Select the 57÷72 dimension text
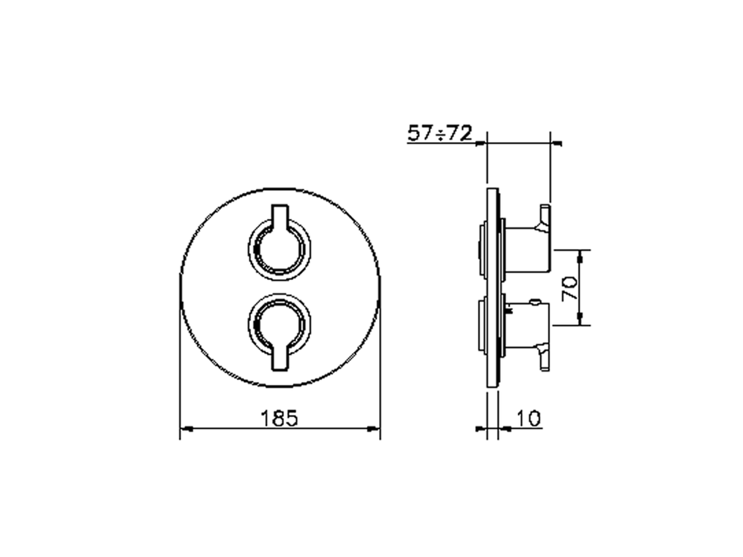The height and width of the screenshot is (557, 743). point(439,134)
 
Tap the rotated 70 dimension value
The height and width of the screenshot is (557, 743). point(569,288)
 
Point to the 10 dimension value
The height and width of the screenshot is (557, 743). point(528,418)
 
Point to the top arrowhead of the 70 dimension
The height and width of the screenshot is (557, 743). point(579,254)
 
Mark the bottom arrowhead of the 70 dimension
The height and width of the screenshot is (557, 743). point(579,320)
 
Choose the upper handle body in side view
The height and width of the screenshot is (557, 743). point(528,249)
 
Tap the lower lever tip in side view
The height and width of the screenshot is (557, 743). point(544,357)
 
